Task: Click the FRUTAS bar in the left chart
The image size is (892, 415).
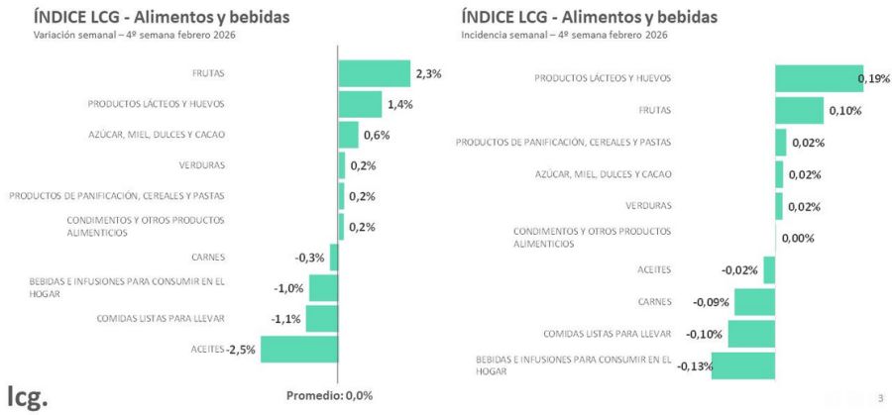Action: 374,73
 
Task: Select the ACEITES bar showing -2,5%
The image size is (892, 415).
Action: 299,350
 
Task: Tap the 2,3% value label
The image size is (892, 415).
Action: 428,73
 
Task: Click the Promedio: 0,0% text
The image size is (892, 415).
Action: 329,396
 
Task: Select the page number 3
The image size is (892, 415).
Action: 879,398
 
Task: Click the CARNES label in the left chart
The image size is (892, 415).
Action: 208,257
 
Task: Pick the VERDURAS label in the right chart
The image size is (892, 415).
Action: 648,205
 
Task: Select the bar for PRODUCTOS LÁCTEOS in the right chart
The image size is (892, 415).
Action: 818,78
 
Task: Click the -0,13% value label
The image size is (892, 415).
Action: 695,366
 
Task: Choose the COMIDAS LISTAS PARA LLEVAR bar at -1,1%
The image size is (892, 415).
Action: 321,319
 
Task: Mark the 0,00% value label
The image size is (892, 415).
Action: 798,238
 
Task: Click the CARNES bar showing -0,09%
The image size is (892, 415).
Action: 754,302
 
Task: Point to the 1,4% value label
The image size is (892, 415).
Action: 400,104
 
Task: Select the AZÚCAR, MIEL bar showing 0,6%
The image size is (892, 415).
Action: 348,135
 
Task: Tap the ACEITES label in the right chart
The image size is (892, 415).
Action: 654,269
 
